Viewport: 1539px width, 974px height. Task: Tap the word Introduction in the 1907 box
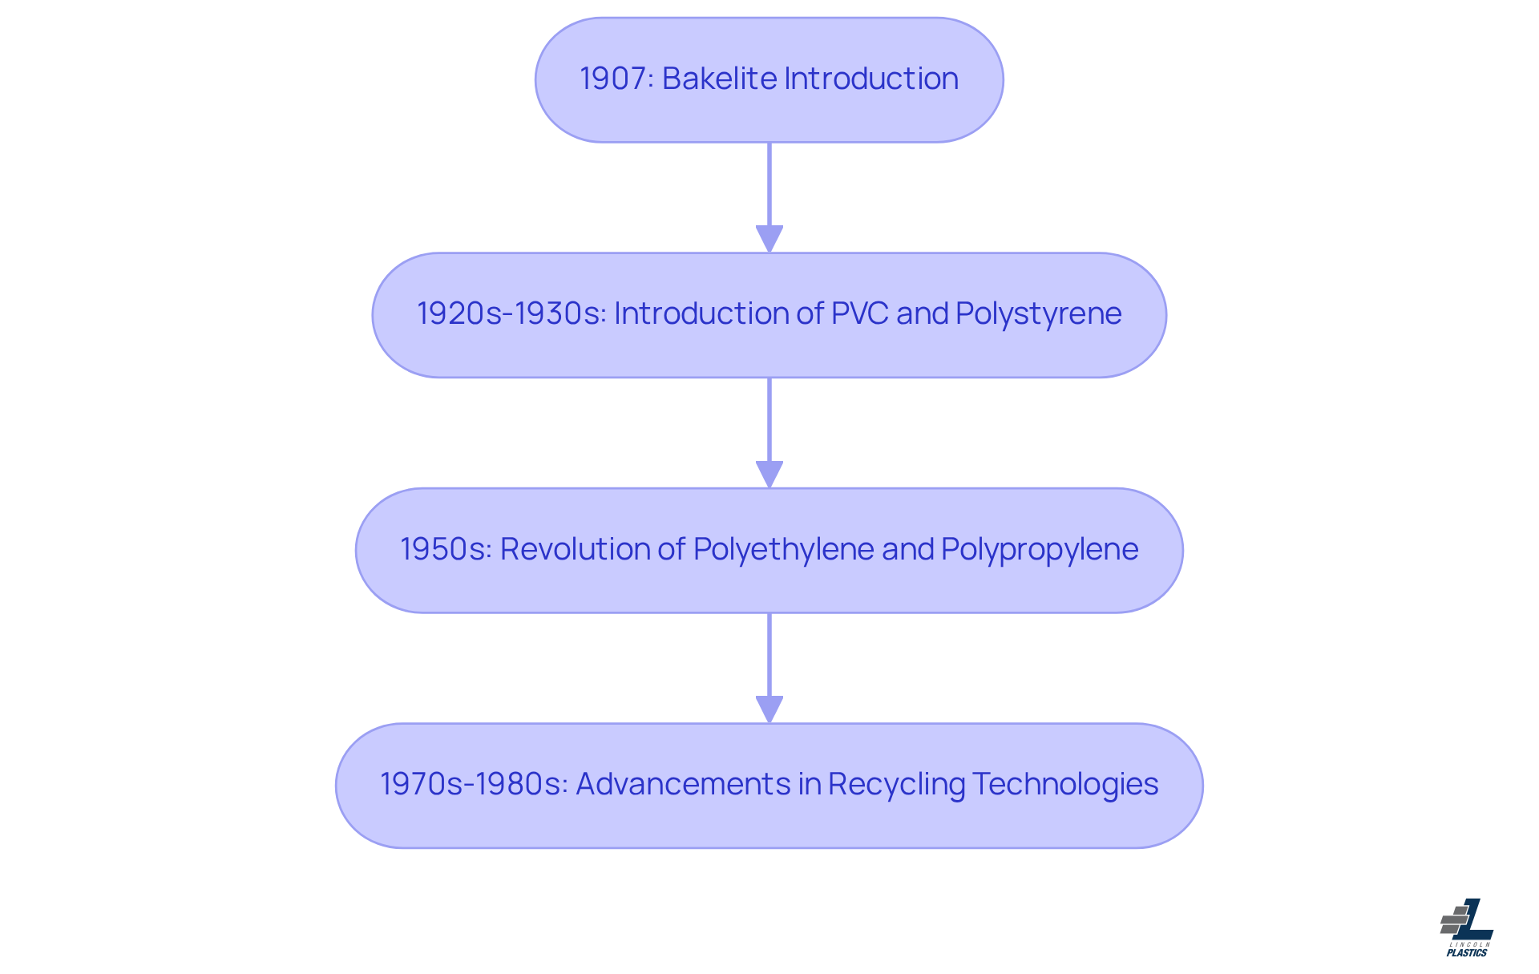(x=870, y=79)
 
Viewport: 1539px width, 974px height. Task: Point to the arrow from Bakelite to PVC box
(x=769, y=197)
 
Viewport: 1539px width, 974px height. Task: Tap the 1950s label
(x=445, y=550)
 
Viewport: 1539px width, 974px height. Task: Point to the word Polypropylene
(x=1040, y=550)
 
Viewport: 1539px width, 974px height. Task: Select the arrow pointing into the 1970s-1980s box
(x=769, y=668)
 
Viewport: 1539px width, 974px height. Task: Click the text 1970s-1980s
(x=472, y=785)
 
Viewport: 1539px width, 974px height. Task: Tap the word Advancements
(x=682, y=785)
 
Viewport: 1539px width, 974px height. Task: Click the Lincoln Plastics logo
(x=1467, y=927)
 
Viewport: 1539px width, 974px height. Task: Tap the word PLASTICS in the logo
(x=1467, y=953)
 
